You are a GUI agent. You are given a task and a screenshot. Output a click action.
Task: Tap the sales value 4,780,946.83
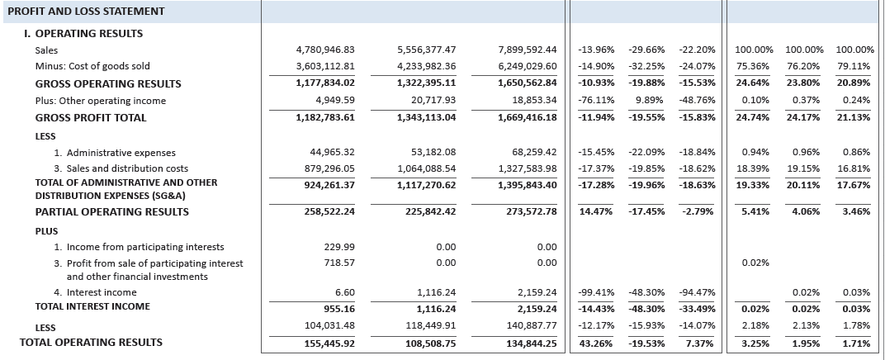324,50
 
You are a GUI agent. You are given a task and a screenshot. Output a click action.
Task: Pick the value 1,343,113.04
427,118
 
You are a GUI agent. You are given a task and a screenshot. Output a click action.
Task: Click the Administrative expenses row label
115,153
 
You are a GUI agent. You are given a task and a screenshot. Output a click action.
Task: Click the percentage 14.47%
597,212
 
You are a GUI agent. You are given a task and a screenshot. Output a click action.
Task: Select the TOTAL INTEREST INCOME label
92,306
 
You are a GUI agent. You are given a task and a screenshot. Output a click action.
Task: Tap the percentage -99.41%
597,292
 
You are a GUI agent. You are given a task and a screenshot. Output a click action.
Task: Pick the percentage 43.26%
597,343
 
